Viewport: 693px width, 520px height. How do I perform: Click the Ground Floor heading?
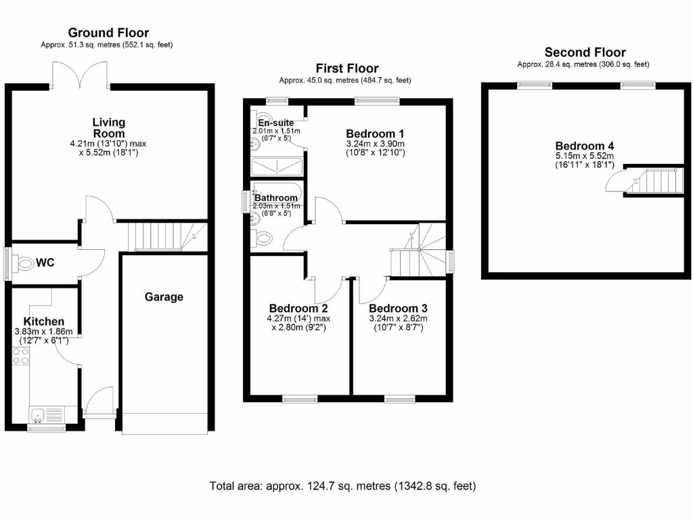(108, 32)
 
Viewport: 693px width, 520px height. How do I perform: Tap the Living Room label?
(109, 128)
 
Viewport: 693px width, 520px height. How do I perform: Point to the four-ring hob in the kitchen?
(20, 356)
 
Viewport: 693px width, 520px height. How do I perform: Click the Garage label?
(164, 297)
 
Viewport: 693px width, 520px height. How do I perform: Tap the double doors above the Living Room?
(81, 74)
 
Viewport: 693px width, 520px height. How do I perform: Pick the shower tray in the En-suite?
(277, 167)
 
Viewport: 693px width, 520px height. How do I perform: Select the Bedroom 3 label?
(399, 307)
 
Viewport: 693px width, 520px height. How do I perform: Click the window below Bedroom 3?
(399, 399)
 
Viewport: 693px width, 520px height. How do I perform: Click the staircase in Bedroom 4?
(654, 181)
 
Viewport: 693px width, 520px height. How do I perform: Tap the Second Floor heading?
(585, 52)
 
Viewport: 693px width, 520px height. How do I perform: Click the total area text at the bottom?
(342, 485)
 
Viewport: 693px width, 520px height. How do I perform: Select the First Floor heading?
(346, 68)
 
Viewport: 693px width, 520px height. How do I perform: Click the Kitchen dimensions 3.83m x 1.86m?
(43, 332)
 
